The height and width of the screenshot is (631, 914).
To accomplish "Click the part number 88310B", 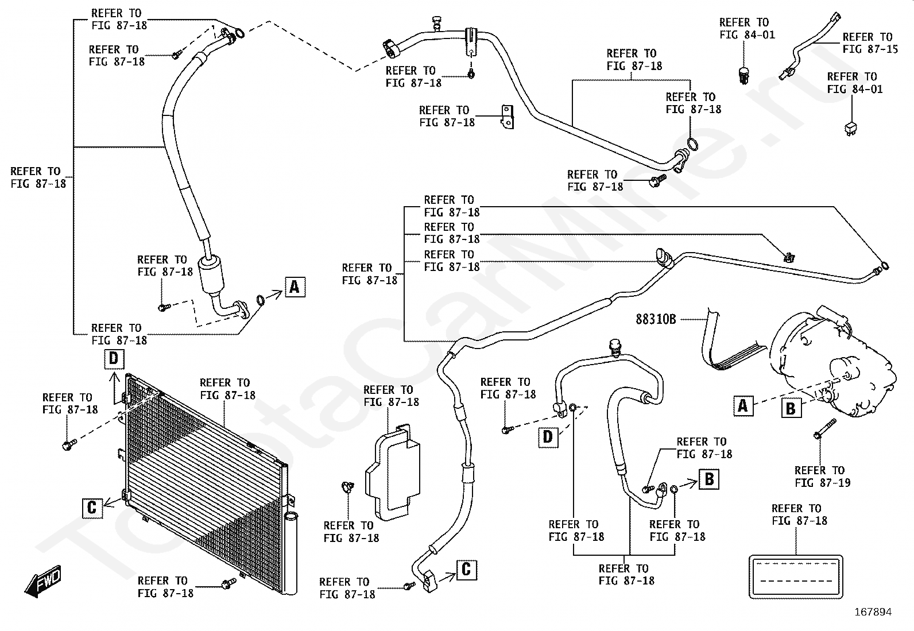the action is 656,319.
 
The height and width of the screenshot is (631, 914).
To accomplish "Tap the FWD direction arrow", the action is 43,581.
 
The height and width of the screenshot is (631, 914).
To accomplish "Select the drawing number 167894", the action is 873,612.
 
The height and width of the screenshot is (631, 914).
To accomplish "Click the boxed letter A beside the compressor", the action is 743,406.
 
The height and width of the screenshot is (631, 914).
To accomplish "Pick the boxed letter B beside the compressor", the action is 791,408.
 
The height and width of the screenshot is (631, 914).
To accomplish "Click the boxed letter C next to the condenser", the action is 92,508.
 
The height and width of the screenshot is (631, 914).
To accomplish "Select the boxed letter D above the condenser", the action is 114,359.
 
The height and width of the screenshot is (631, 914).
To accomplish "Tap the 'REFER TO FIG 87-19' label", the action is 823,477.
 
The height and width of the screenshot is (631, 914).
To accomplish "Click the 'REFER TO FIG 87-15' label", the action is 870,43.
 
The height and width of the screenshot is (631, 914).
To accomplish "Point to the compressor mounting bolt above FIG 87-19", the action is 824,429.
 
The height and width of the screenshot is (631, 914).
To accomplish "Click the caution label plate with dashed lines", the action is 796,576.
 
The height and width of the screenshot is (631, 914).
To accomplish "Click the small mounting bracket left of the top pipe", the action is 508,117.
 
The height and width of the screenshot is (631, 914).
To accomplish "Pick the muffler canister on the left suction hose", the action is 211,274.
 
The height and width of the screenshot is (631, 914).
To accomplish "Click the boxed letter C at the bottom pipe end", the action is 466,570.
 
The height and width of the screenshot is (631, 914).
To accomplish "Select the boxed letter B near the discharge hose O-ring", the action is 709,479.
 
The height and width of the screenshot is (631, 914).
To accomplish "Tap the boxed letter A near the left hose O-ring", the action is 295,287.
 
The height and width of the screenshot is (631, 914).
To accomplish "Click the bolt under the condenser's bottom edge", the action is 228,583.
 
